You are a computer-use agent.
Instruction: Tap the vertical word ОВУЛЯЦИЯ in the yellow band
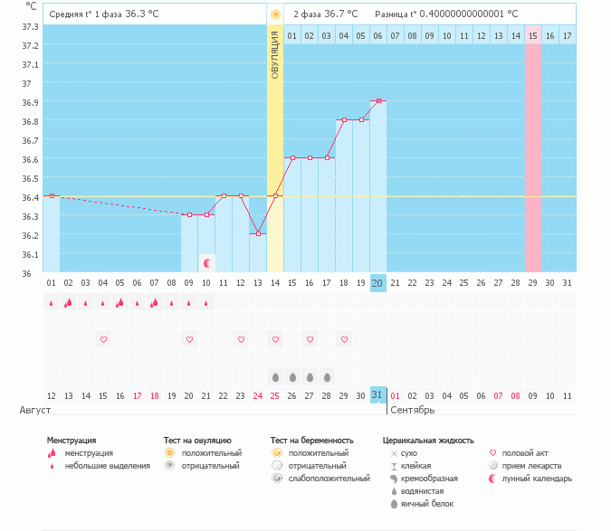click(x=275, y=53)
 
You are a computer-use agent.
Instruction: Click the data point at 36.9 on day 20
click(x=377, y=101)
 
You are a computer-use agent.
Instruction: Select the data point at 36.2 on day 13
click(x=258, y=234)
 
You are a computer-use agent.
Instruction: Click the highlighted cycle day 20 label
click(x=377, y=283)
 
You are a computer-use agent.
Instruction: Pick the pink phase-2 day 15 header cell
click(x=532, y=35)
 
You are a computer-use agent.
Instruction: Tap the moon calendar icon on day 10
click(x=207, y=263)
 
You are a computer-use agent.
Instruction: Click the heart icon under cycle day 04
click(x=103, y=339)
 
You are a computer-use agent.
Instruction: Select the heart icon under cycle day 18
click(x=344, y=339)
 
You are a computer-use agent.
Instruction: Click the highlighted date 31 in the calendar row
click(x=377, y=394)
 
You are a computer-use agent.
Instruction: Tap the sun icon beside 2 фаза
click(x=275, y=14)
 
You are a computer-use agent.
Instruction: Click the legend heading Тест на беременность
click(x=311, y=441)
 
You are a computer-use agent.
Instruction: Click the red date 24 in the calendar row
click(x=258, y=395)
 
